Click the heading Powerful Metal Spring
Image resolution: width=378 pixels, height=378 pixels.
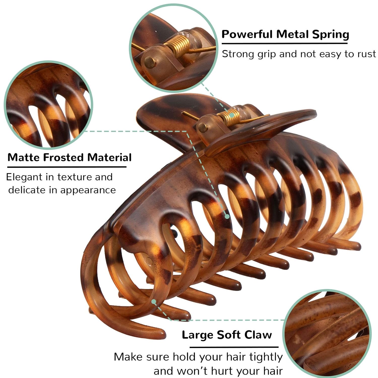(285, 34)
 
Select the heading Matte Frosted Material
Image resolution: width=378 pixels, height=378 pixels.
(70, 157)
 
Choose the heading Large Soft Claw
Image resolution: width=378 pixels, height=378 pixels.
(227, 335)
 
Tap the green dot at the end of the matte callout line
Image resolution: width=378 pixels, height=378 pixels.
(227, 216)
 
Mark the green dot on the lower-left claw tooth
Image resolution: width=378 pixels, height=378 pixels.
(154, 301)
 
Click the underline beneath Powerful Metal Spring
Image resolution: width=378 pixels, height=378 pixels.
(285, 44)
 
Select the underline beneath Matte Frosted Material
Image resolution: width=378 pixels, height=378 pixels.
(67, 167)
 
